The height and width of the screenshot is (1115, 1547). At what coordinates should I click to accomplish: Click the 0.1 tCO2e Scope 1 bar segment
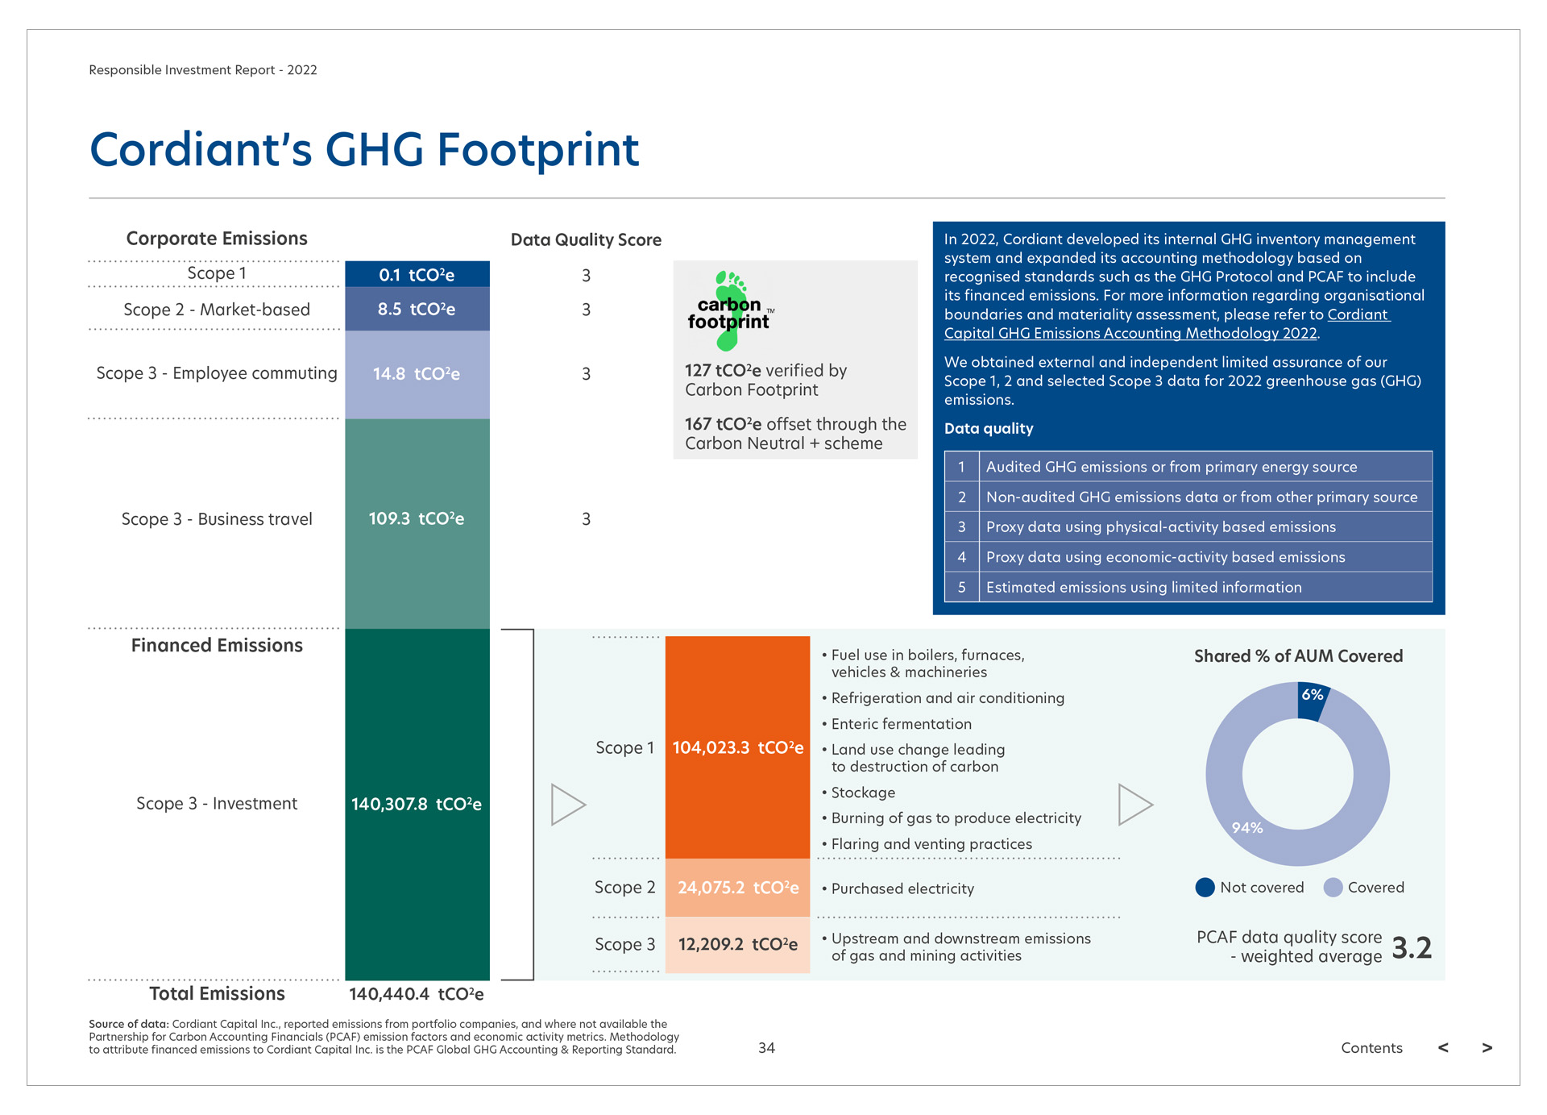coord(417,274)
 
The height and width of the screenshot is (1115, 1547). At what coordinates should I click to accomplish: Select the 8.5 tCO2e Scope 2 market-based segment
coord(417,310)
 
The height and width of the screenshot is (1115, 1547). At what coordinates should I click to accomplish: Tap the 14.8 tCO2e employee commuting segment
coord(417,374)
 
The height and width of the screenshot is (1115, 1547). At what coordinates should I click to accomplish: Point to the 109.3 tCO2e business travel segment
coord(417,519)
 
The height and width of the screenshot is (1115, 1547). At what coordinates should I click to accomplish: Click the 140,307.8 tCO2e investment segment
coord(417,804)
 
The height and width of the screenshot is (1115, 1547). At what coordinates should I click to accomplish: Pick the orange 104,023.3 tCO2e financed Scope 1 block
coord(737,747)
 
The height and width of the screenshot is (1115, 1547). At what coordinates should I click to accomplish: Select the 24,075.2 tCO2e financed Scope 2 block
coord(737,888)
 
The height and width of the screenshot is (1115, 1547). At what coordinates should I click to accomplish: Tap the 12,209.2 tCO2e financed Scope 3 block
coord(737,944)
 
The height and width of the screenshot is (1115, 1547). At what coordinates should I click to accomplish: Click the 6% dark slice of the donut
coord(1312,699)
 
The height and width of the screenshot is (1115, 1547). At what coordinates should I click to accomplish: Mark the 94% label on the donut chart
coord(1247,828)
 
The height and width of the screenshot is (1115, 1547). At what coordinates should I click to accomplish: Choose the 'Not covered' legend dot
coord(1205,888)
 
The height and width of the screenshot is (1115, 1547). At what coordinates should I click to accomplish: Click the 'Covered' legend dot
coord(1333,888)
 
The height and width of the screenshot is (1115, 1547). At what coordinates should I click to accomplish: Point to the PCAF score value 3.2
coord(1412,948)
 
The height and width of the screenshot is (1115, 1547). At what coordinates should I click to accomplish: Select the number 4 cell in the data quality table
coord(962,557)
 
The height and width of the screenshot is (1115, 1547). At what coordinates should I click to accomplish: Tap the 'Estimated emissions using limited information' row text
coord(1143,588)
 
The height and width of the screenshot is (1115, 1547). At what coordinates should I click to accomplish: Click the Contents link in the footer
coord(1371,1047)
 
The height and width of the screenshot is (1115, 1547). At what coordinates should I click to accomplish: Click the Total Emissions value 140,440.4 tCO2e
coord(416,994)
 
